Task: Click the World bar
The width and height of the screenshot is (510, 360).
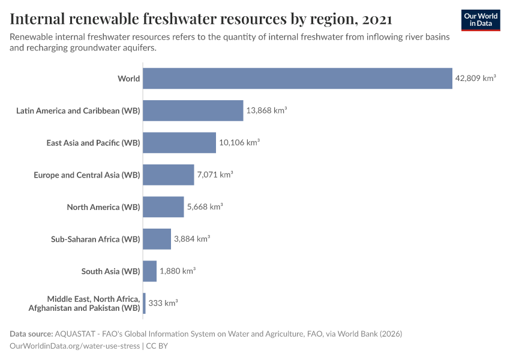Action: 298,79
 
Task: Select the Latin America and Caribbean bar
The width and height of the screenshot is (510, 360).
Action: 193,110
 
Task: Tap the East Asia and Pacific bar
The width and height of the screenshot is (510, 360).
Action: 179,143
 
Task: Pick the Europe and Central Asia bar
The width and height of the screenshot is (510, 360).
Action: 169,175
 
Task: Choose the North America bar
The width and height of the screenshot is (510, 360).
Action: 163,207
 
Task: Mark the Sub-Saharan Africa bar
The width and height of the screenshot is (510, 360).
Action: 157,239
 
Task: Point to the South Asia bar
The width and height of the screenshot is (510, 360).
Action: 150,271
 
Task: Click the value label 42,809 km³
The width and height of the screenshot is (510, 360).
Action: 475,79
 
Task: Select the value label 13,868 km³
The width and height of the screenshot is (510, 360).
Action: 266,110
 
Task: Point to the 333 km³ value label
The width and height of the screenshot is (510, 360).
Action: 163,303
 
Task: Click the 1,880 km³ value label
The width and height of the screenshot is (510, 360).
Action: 178,271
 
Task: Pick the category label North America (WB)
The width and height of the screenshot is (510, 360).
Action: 103,207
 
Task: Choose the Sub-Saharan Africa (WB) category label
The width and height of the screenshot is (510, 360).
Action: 95,239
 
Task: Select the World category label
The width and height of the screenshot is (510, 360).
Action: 129,79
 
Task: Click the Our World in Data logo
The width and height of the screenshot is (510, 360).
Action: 481,20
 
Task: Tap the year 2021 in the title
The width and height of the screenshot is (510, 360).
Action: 377,20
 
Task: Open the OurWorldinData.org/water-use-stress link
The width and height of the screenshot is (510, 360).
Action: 74,346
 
